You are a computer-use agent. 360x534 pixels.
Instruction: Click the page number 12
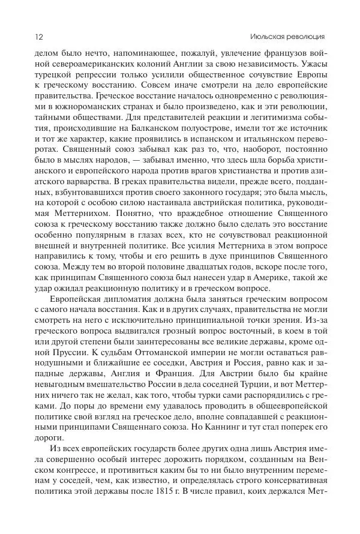22,36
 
